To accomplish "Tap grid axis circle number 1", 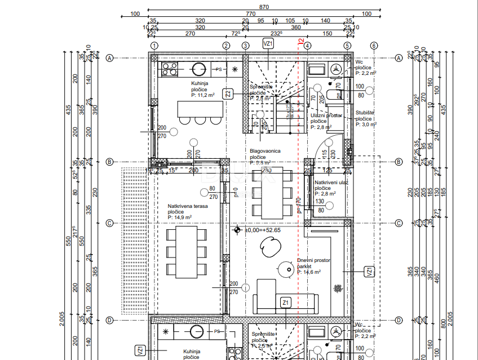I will click(x=156, y=46).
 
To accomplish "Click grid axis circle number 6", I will click(x=373, y=46).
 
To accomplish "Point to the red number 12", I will click(x=301, y=42).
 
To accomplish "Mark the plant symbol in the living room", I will click(x=337, y=288).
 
